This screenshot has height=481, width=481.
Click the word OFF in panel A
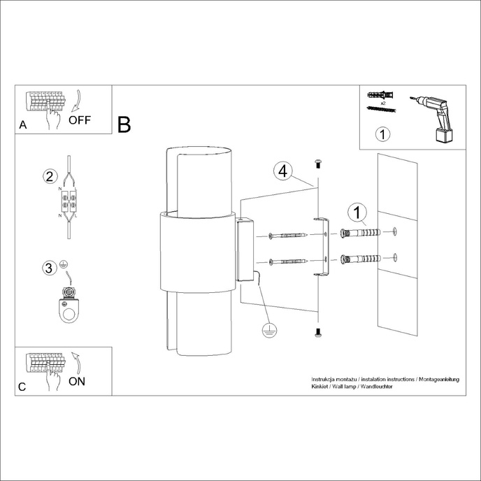pyautogui.click(x=80, y=120)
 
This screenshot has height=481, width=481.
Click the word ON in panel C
pyautogui.click(x=78, y=381)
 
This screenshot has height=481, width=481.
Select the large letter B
pyautogui.click(x=124, y=125)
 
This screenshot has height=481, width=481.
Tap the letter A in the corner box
pyautogui.click(x=23, y=126)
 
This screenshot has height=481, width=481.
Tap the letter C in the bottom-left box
pyautogui.click(x=23, y=387)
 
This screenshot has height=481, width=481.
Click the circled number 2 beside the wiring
pyautogui.click(x=49, y=175)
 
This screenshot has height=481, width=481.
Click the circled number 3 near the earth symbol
pyautogui.click(x=48, y=268)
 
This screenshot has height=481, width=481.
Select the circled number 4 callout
pyautogui.click(x=282, y=171)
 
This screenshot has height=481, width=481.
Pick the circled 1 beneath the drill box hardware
pyautogui.click(x=382, y=133)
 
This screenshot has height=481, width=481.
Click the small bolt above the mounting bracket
pyautogui.click(x=317, y=164)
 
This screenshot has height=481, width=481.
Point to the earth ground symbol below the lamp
pyautogui.click(x=266, y=331)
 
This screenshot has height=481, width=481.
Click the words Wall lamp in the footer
pyautogui.click(x=344, y=386)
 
